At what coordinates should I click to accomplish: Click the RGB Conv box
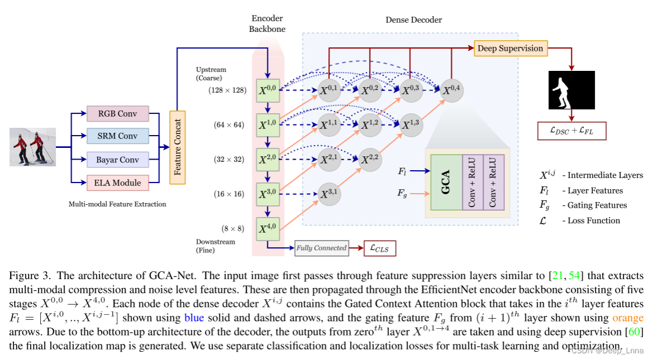[x=118, y=114]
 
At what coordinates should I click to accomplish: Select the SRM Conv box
[x=118, y=136]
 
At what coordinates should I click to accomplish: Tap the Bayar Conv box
[x=118, y=160]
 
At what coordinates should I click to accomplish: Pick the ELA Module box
[x=118, y=183]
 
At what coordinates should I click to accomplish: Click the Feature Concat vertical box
[x=178, y=147]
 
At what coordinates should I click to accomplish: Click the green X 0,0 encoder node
[x=267, y=90]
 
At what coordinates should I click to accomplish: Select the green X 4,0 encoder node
[x=267, y=228]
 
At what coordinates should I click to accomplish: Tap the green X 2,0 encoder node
[x=267, y=160]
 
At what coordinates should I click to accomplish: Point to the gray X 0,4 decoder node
[x=452, y=90]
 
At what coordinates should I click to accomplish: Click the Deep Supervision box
[x=510, y=49]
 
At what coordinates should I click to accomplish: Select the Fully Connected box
[x=322, y=248]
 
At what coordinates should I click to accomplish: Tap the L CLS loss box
[x=380, y=248]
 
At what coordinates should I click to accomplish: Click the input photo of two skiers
[x=32, y=147]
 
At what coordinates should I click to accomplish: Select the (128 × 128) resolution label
[x=227, y=90]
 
